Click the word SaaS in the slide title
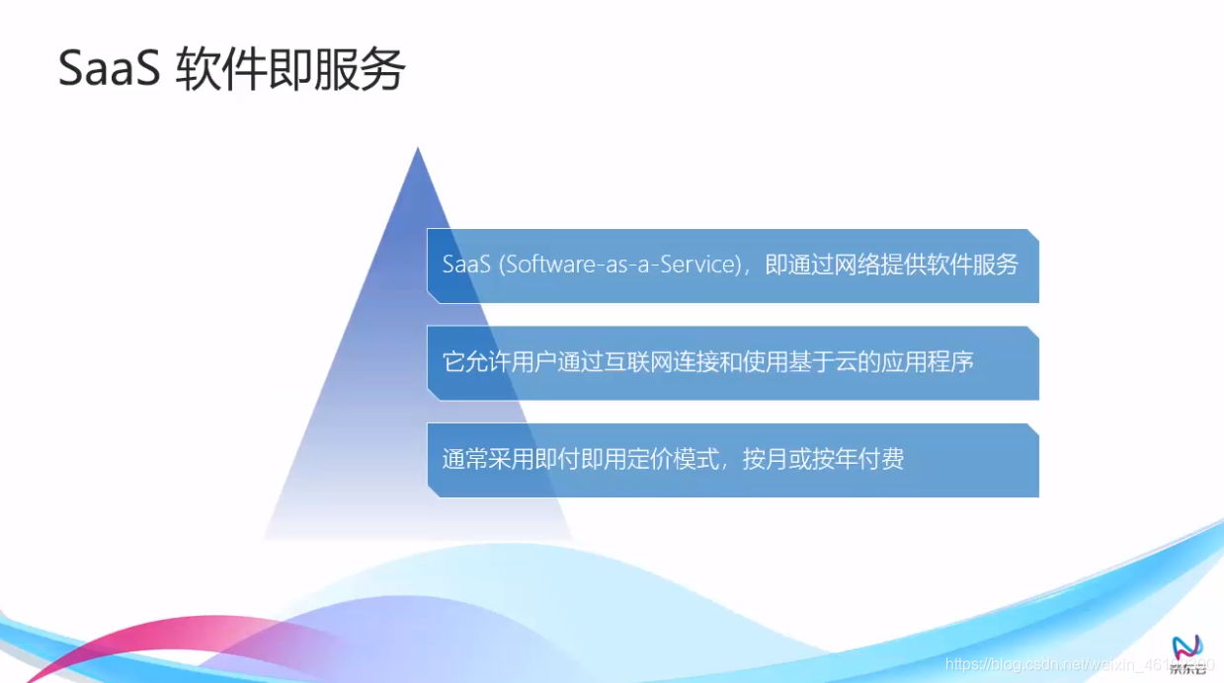click(x=109, y=70)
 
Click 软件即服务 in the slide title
click(x=290, y=70)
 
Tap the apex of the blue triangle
click(x=418, y=150)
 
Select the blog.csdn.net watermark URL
click(x=1077, y=665)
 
